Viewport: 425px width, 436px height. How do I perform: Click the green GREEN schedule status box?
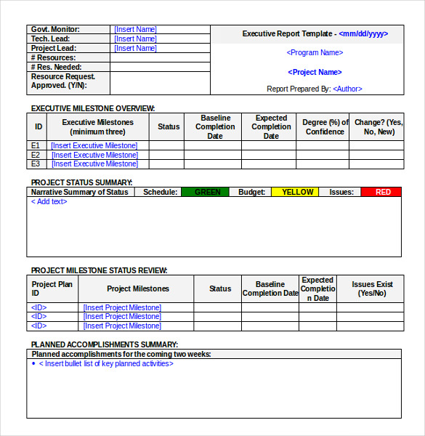click(208, 192)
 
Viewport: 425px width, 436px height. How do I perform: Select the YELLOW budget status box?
click(297, 192)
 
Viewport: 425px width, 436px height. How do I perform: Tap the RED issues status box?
click(383, 192)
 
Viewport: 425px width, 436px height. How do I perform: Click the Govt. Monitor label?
click(55, 30)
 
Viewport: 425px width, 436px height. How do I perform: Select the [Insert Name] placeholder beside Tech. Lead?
click(135, 39)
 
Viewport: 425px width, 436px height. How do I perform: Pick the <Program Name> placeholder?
click(315, 52)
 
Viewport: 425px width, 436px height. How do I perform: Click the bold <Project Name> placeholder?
click(315, 72)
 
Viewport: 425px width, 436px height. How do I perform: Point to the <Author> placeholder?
click(347, 89)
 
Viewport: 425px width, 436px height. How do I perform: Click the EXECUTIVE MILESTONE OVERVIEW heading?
click(92, 108)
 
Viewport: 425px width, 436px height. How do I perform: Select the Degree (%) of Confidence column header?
click(325, 127)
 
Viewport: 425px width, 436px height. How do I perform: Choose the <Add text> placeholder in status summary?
click(49, 202)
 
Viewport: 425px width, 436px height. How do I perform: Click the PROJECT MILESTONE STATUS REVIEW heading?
click(99, 270)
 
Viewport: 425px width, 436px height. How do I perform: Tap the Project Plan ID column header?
click(52, 288)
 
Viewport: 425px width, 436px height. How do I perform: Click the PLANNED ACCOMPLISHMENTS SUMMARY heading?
click(104, 344)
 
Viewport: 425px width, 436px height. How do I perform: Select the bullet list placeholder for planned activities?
click(106, 363)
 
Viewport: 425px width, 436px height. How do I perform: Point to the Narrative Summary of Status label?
click(79, 192)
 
